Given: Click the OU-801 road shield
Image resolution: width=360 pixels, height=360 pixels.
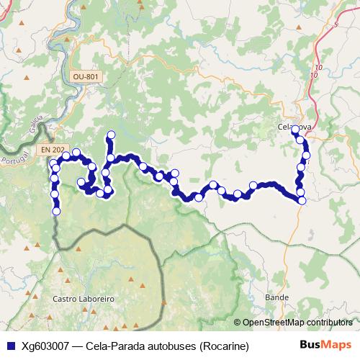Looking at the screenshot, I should (x=86, y=76).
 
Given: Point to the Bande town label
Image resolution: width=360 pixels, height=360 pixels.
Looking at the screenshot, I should (x=276, y=297).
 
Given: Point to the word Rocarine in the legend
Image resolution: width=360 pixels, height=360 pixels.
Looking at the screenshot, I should (x=224, y=346).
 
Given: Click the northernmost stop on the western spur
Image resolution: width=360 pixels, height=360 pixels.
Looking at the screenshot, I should (x=111, y=135).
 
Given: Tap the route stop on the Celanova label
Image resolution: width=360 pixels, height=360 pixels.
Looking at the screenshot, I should (x=294, y=129).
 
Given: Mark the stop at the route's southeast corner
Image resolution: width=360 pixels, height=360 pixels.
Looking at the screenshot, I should (x=301, y=201).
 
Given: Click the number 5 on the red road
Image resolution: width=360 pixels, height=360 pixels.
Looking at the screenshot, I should (x=336, y=24).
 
